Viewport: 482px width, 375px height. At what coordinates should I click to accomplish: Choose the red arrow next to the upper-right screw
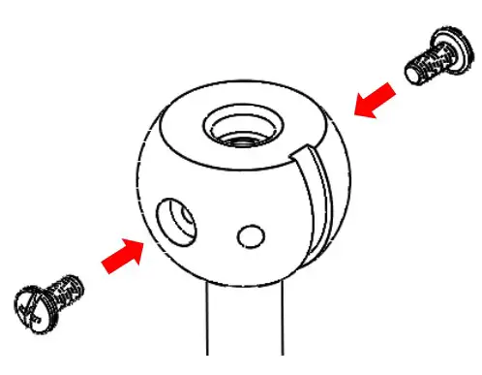click(377, 101)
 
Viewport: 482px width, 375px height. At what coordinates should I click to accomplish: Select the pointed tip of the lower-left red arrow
click(145, 242)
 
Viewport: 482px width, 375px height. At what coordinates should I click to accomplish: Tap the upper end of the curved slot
click(308, 152)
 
